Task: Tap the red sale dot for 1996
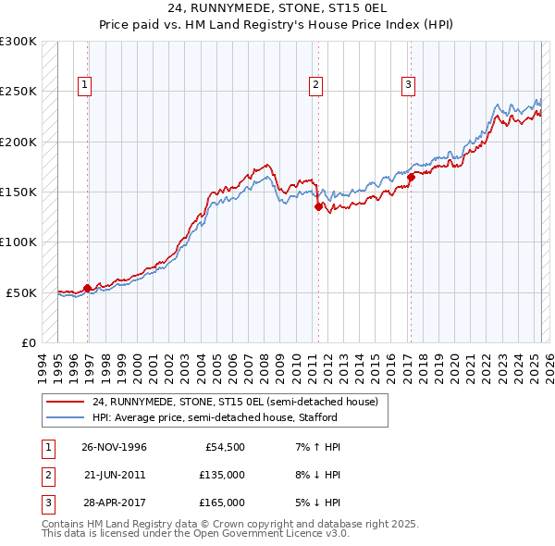point(88,288)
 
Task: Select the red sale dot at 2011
point(318,207)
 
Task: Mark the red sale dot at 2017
point(411,178)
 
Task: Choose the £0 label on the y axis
point(28,342)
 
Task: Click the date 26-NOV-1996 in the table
point(114,447)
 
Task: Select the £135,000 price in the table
point(222,475)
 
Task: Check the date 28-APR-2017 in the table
point(114,503)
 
